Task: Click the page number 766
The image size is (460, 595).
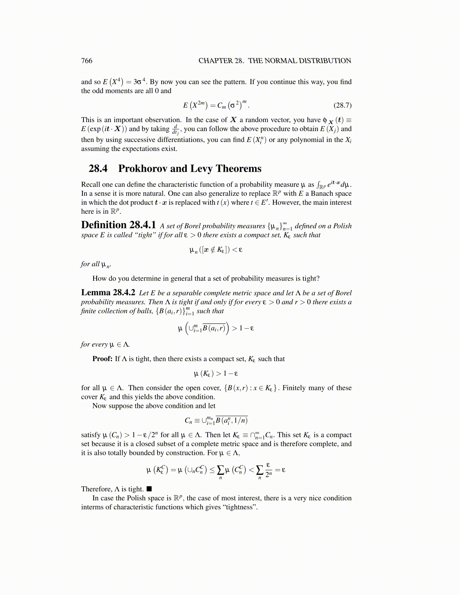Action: [x=86, y=61]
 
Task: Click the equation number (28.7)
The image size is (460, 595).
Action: [x=342, y=105]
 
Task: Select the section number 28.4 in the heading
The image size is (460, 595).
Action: [x=98, y=169]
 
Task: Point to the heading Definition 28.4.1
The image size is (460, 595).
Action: [x=118, y=225]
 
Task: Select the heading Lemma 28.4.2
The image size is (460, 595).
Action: [x=108, y=293]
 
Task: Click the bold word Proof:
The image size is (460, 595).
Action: [x=102, y=359]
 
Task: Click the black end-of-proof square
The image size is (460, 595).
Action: [x=149, y=489]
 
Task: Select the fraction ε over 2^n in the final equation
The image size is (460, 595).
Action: [x=268, y=470]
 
